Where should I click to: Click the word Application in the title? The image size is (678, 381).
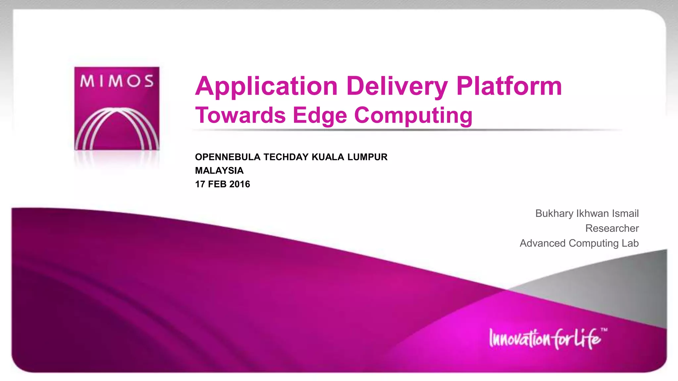click(266, 87)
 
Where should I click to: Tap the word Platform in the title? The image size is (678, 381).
click(509, 86)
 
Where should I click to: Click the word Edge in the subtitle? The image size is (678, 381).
click(320, 116)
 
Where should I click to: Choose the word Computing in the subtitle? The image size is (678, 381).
click(413, 116)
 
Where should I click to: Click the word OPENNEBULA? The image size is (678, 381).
click(228, 157)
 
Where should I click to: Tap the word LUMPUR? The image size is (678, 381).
click(367, 157)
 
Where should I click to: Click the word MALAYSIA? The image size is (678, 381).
click(219, 171)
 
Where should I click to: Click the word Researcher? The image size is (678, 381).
click(612, 229)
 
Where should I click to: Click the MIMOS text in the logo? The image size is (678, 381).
click(117, 81)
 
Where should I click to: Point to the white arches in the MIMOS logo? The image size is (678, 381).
click(117, 129)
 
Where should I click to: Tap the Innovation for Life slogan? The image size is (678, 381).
click(545, 339)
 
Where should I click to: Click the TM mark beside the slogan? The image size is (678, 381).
click(604, 330)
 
